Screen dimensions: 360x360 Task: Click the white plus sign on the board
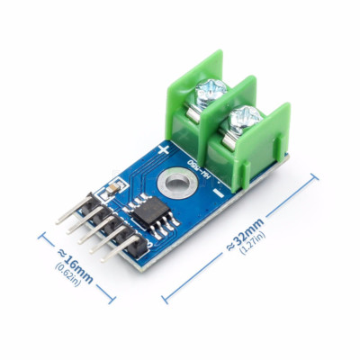tap(163, 148)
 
